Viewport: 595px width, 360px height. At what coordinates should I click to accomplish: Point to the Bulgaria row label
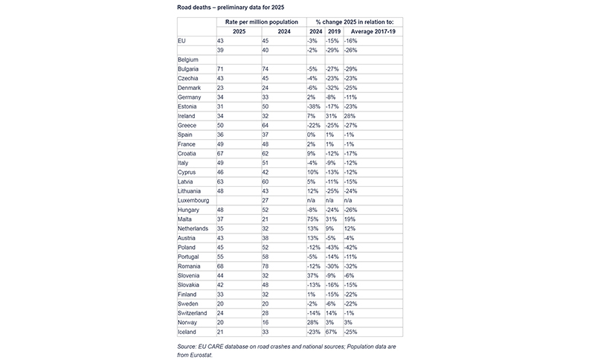191,68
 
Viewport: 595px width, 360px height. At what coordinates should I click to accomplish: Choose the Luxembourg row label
196,200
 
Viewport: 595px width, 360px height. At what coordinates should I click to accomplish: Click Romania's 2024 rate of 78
268,266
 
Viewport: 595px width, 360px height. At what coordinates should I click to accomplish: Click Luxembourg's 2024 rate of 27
268,200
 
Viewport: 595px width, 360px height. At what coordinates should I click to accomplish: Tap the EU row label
183,40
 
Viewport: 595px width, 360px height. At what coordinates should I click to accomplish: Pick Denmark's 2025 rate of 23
220,87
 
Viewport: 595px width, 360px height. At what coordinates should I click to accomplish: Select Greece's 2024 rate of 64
268,125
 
